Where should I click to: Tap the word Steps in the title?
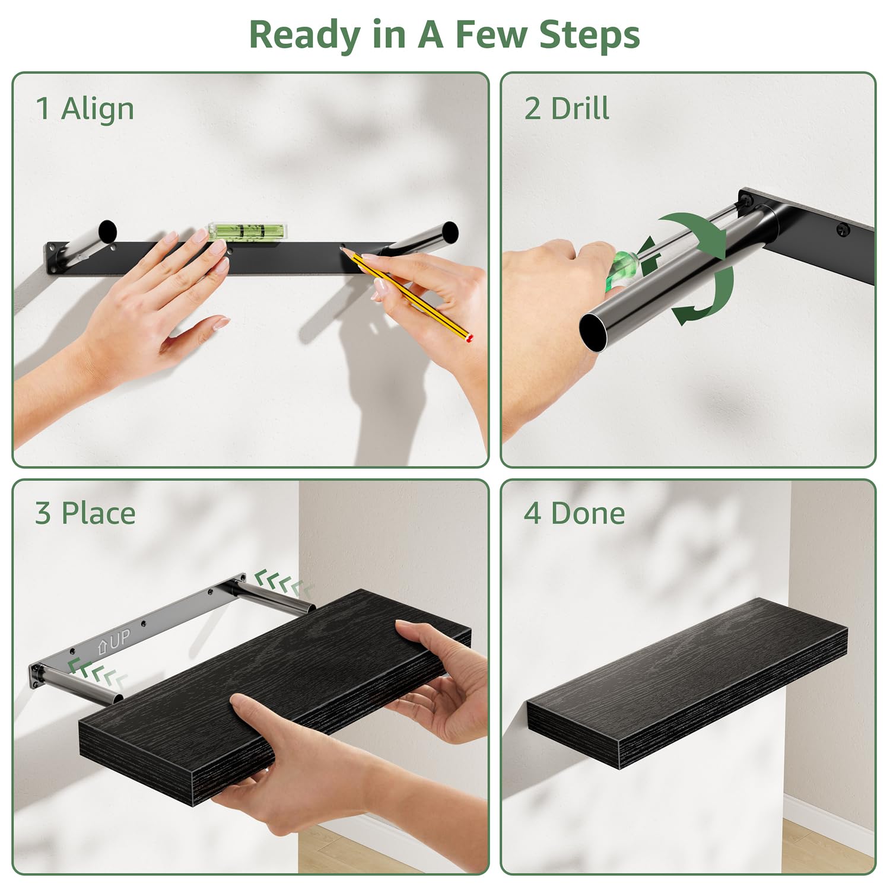(589, 35)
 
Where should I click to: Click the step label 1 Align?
(85, 109)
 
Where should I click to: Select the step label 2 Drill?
(567, 109)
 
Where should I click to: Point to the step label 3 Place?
(85, 513)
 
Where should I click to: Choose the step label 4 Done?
(574, 513)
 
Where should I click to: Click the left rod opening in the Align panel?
(107, 231)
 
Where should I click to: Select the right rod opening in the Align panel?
(450, 232)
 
